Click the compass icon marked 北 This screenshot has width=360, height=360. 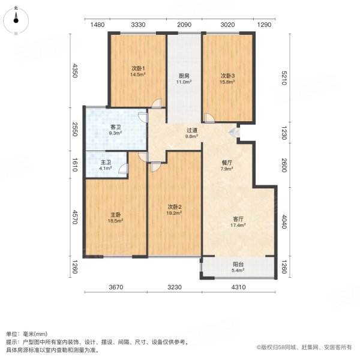(17, 20)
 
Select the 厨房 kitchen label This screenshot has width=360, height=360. (184, 76)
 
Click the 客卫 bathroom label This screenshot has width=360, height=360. (116, 127)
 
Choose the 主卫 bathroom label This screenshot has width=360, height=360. (105, 161)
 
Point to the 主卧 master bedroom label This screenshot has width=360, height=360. (115, 215)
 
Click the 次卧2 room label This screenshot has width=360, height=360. (175, 207)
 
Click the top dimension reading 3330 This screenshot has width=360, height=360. (138, 25)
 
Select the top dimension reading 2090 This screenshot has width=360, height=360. (184, 25)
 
